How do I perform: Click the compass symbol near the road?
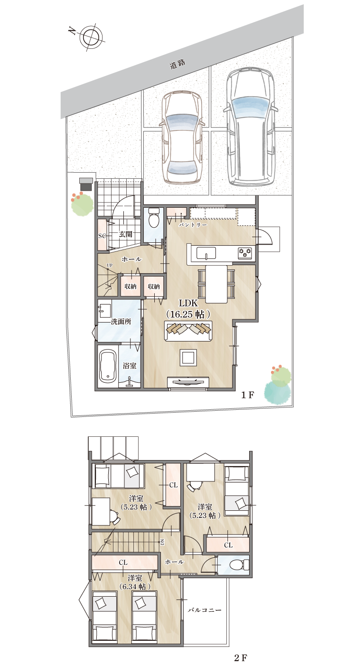point(88,35)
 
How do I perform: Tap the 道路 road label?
point(177,65)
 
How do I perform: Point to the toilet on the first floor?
point(154,221)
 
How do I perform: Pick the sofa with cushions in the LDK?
point(188,331)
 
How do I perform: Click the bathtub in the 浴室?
point(108,367)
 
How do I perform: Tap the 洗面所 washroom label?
point(121,322)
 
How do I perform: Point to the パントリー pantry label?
point(193,225)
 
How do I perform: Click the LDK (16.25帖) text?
point(188,308)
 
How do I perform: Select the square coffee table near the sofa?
point(188,357)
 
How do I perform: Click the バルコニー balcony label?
point(204,610)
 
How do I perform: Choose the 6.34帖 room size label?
point(135,587)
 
